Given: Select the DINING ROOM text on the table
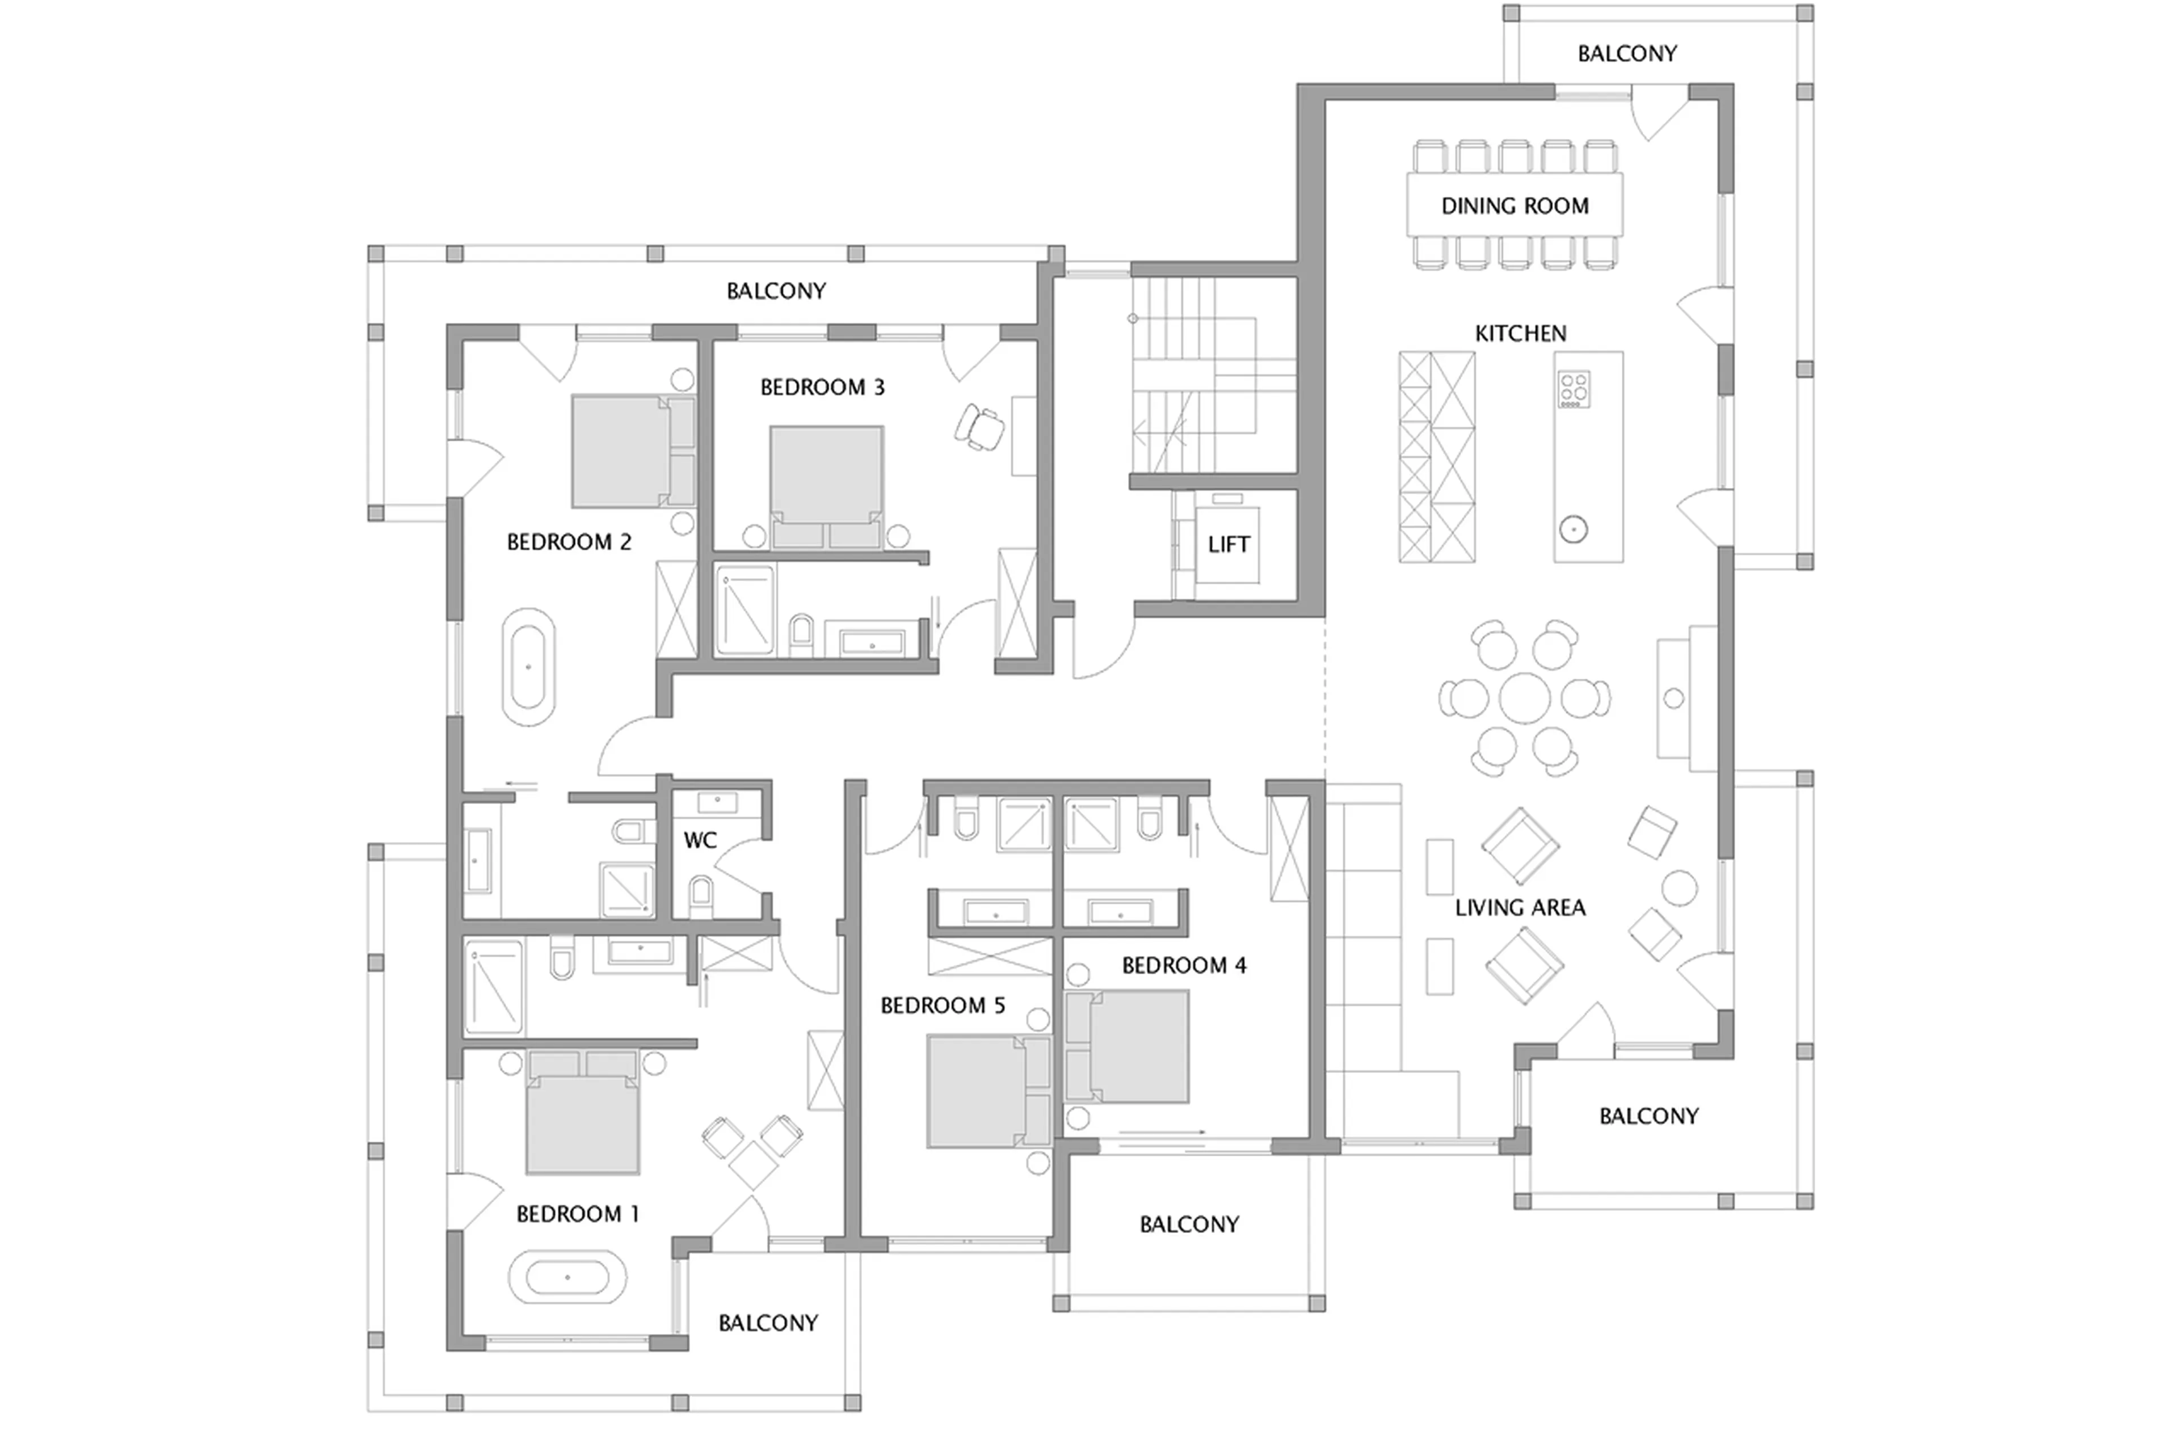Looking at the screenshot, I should (1514, 205).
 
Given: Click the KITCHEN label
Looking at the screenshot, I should (1520, 334).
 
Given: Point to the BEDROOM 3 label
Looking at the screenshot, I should (822, 387).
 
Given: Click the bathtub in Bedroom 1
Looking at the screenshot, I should (567, 1278).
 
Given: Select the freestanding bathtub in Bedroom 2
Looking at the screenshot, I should (528, 667).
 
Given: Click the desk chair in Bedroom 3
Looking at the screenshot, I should (980, 427).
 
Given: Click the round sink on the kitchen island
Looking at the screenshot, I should (1574, 530).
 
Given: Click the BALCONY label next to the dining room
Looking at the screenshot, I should (1626, 54).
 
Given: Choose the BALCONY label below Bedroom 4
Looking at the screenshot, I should (1188, 1224).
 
